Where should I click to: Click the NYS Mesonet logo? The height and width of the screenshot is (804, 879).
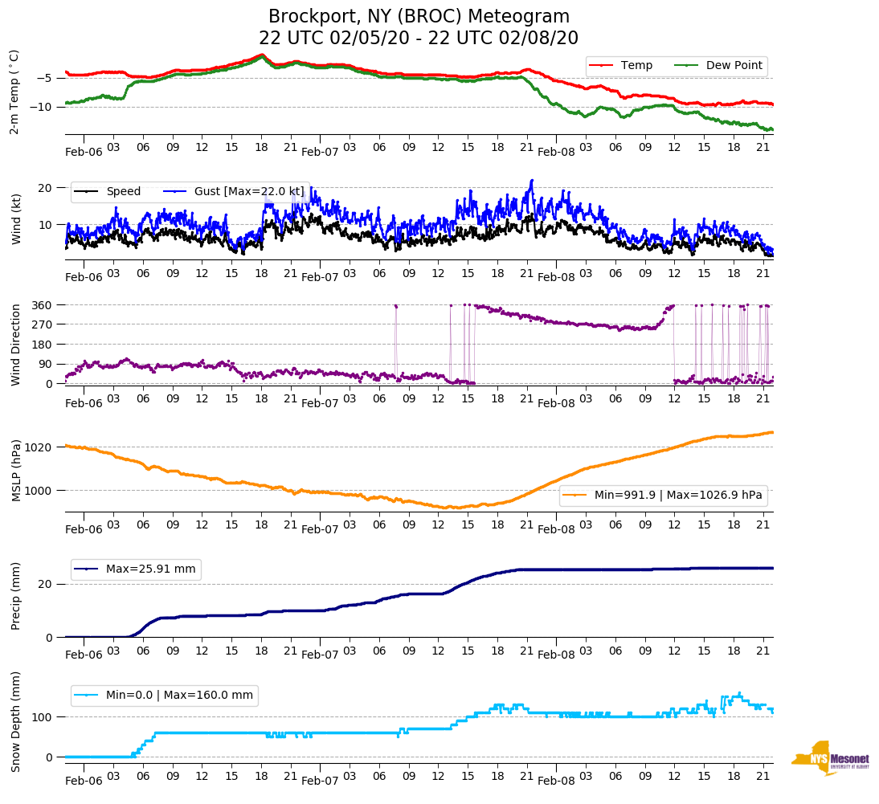[x=830, y=757]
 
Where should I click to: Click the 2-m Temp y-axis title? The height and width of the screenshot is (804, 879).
[x=14, y=92]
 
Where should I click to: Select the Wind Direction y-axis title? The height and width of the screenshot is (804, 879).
[x=15, y=344]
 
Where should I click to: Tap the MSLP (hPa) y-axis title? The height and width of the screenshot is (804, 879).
[x=15, y=471]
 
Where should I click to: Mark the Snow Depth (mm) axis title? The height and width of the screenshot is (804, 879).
[x=15, y=720]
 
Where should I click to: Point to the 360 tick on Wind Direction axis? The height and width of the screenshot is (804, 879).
[x=43, y=305]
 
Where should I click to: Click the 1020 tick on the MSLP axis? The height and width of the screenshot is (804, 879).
[x=39, y=447]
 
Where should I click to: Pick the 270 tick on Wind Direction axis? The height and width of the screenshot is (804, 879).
[x=43, y=324]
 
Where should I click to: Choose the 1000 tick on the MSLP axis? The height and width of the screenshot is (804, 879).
[x=39, y=490]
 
